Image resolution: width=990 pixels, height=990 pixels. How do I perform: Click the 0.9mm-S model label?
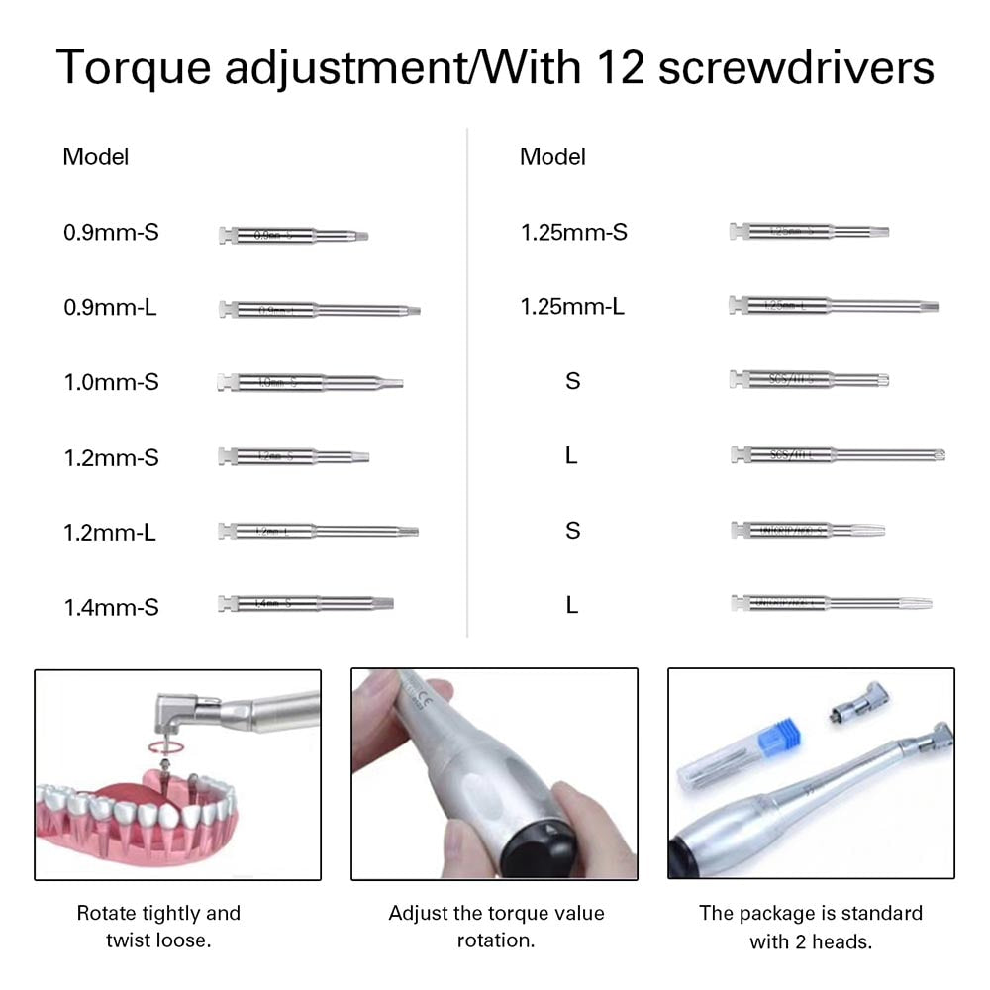coord(111,233)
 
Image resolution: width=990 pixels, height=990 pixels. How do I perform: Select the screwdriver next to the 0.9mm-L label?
coord(319,310)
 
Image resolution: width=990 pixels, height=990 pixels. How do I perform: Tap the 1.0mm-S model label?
coord(111,382)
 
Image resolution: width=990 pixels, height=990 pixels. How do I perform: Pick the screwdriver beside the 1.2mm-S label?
coord(293,456)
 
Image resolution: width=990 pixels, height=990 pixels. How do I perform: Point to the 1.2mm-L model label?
coord(110,533)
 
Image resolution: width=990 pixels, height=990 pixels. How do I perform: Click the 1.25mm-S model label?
coord(574,233)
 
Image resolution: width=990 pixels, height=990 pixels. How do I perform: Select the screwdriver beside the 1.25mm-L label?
coord(834,305)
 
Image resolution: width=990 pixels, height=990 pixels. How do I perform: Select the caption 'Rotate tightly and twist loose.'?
coord(158,926)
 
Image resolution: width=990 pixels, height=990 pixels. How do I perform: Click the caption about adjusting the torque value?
coord(496,926)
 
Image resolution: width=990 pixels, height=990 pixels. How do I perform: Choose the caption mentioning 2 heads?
coord(811,926)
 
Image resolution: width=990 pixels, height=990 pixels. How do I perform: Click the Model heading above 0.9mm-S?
coord(96,156)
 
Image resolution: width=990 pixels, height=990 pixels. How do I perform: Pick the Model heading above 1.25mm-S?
coord(552,156)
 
